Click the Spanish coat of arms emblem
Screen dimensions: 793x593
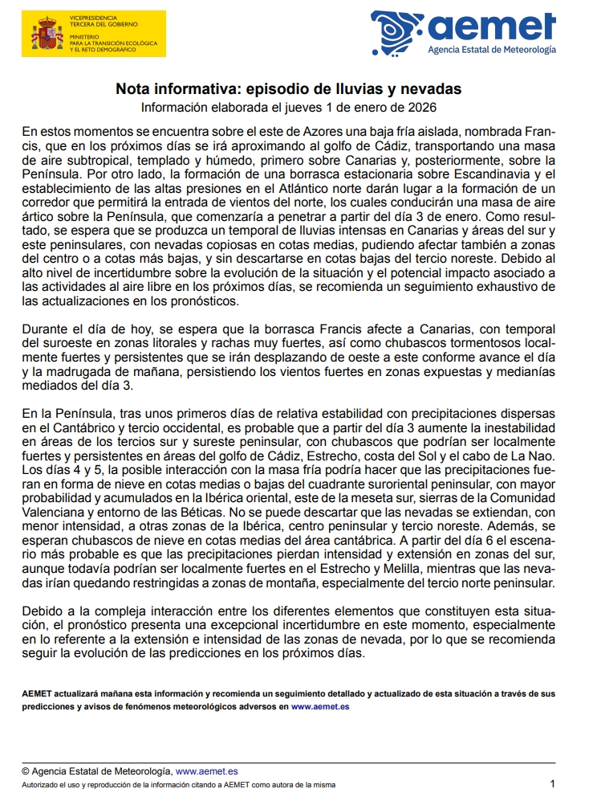pos(47,35)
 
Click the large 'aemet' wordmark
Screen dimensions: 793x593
pos(491,27)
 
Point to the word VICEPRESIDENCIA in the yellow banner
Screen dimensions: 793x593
pos(93,17)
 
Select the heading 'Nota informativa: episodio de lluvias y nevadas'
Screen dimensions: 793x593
pos(288,88)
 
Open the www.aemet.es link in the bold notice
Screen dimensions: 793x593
pos(319,706)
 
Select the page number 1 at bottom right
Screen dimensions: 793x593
pos(552,783)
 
